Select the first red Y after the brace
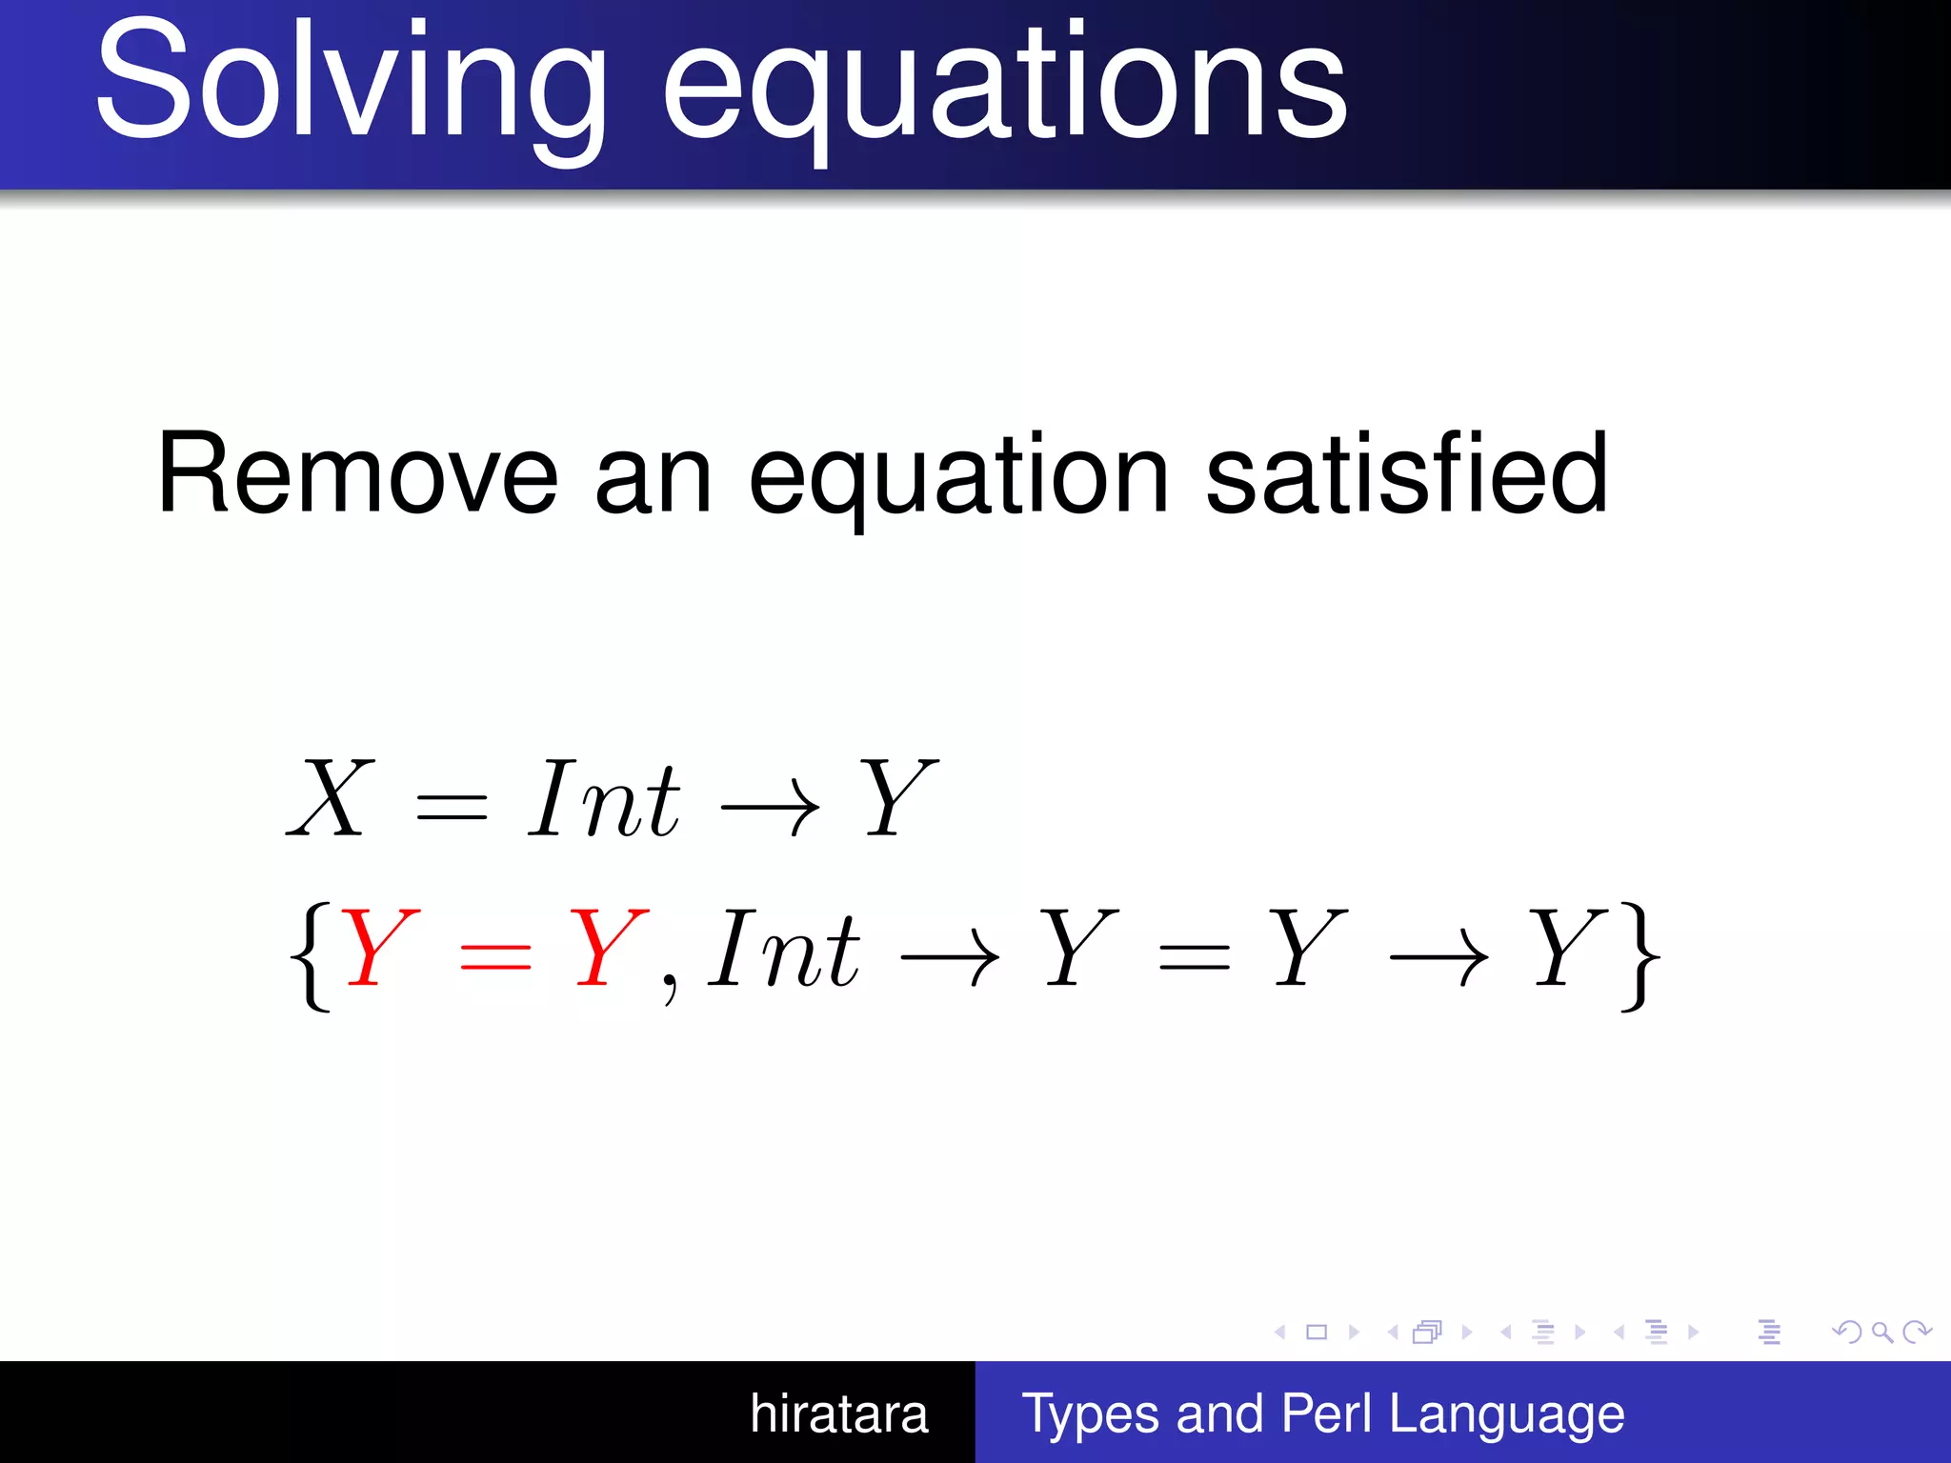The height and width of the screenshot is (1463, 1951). pos(379,948)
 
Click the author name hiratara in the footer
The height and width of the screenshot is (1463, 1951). pos(838,1413)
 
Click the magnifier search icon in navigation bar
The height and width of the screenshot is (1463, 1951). pos(1881,1332)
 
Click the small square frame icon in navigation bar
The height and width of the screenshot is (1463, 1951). pos(1317,1332)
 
